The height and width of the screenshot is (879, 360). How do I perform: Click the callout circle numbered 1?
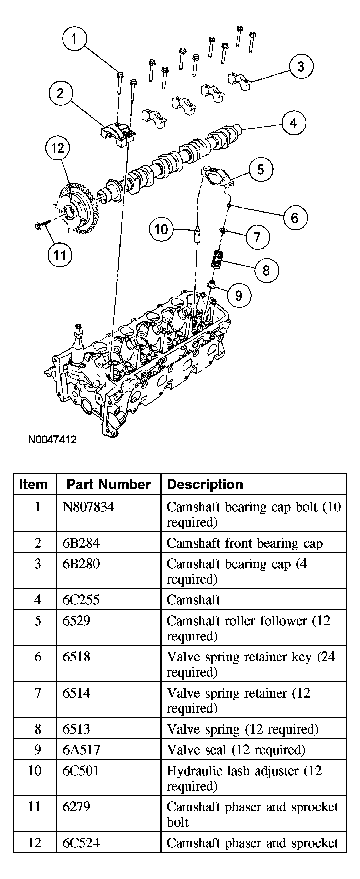tap(74, 39)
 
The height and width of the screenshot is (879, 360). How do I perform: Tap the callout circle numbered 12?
tap(58, 149)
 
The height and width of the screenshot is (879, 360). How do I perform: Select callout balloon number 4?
tap(293, 123)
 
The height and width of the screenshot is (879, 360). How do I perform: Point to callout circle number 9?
tap(239, 295)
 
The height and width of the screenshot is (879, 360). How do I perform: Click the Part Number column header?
tap(108, 484)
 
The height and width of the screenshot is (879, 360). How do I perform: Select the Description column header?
tap(205, 484)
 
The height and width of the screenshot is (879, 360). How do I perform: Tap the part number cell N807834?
tap(88, 507)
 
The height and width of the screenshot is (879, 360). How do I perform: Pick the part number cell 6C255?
tap(81, 600)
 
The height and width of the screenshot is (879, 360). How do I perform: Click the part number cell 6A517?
tap(81, 750)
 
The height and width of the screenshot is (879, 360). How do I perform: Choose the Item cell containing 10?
tap(35, 770)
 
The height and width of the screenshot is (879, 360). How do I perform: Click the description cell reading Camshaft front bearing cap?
tap(244, 543)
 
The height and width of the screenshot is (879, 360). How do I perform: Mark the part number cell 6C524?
tap(81, 843)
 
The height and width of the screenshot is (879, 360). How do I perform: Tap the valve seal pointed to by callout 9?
tap(211, 285)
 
